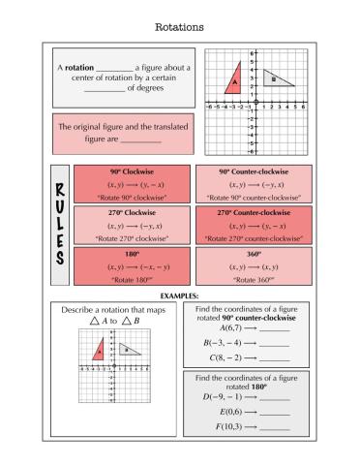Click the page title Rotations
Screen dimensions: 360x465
pos(179,27)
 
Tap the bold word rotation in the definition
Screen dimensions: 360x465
pos(79,67)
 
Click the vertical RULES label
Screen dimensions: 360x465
pos(58,226)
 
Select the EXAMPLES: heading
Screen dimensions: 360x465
pos(179,294)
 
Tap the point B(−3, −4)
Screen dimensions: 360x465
pos(226,342)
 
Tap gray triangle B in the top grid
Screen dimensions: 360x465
pos(275,77)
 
